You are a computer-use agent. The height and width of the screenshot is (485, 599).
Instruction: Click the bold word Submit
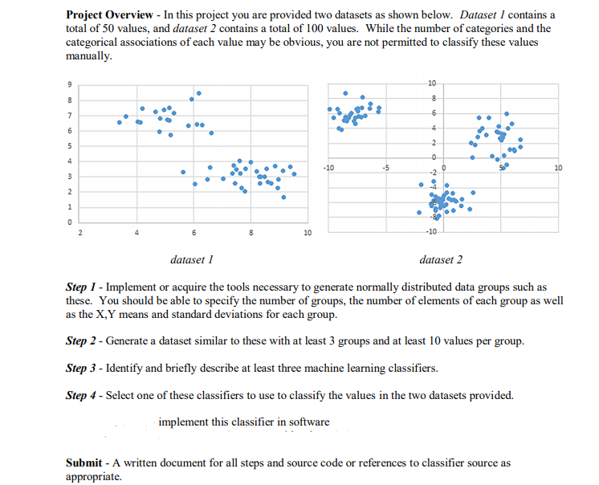84,463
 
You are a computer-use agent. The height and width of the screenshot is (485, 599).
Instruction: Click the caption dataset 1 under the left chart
192,260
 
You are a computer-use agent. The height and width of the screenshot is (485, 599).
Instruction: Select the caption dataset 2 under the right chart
441,260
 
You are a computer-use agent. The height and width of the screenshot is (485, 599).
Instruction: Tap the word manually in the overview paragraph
88,58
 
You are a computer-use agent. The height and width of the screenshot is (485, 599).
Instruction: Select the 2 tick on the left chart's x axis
79,234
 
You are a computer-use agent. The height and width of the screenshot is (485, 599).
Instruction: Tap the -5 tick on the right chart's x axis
386,168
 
